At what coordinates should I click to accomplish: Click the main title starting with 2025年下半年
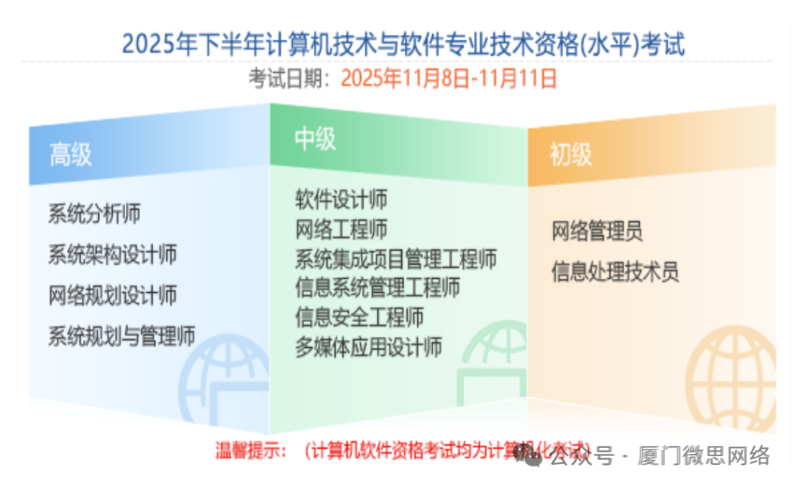(x=403, y=44)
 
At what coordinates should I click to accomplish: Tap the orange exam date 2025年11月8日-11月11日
(x=449, y=79)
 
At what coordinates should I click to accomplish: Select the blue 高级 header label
(x=71, y=155)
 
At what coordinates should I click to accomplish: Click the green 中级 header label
(x=315, y=138)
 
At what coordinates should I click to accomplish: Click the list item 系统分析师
(x=94, y=214)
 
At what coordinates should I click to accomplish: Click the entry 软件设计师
(x=342, y=199)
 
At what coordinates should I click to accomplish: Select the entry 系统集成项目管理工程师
(x=396, y=258)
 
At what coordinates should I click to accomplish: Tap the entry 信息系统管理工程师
(x=378, y=288)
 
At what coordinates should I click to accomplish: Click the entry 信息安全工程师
(x=359, y=317)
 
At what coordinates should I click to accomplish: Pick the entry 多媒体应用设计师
(x=369, y=346)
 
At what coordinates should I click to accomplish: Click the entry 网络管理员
(x=597, y=232)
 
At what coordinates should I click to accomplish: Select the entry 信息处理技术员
(x=615, y=272)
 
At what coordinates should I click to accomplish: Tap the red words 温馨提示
(x=251, y=450)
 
